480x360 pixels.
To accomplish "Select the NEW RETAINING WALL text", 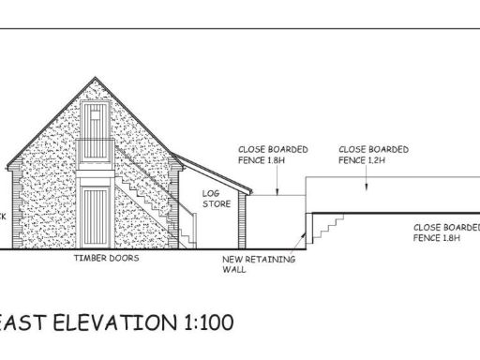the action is pos(245,263).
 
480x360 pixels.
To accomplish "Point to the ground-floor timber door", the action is pos(96,217).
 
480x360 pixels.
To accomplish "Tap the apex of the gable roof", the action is pos(97,77).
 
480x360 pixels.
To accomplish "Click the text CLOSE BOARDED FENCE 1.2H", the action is pos(372,155).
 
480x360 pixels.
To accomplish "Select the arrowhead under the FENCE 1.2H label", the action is pos(363,185).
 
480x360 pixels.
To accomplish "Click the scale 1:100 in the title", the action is pos(203,323).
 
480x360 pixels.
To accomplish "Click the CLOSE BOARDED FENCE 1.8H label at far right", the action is pos(446,232).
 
